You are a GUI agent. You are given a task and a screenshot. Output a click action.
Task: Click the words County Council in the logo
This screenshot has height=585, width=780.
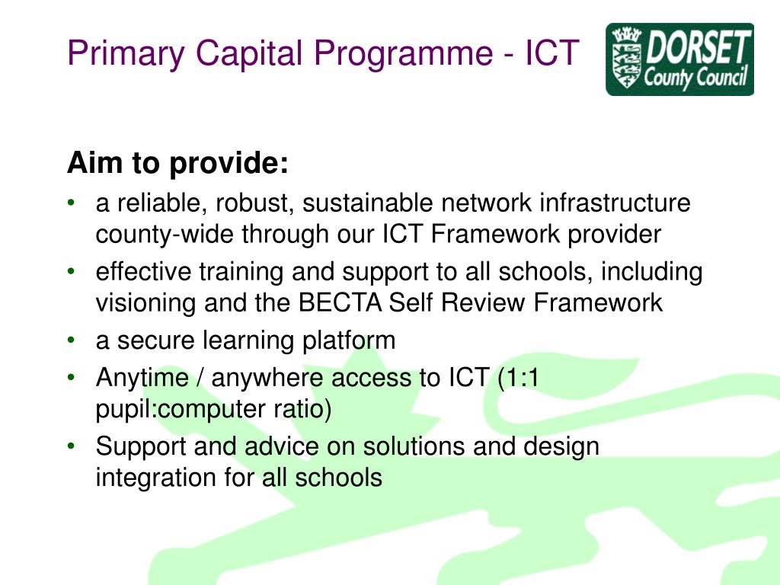point(695,77)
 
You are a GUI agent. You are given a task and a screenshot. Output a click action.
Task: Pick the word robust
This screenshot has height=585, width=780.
point(253,203)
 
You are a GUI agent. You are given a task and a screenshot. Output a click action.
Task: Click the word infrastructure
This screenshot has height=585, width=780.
point(615,203)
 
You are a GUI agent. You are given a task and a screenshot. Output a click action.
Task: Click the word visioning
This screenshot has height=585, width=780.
point(145,303)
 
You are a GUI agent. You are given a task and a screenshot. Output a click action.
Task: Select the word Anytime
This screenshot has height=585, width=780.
point(142,377)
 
